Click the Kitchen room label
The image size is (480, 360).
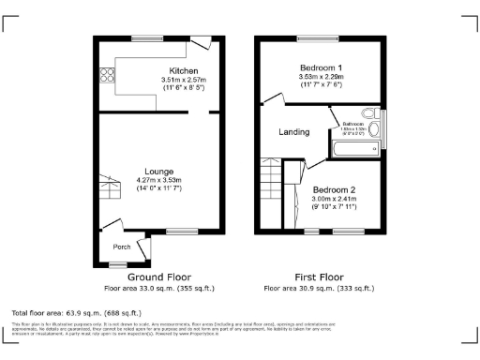(x=183, y=71)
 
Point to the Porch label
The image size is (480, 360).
(x=122, y=247)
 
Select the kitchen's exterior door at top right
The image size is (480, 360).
(x=201, y=44)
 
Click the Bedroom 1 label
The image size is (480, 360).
(x=321, y=67)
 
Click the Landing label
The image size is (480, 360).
(x=294, y=132)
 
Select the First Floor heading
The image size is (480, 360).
(x=319, y=278)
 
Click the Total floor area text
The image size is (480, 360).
(x=76, y=311)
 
